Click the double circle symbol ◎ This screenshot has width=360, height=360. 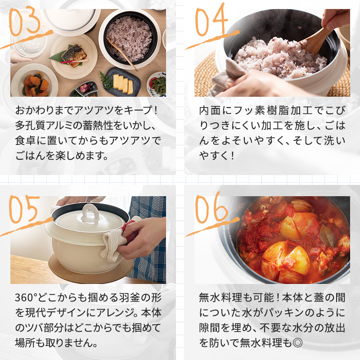(297, 343)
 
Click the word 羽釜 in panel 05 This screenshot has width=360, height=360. (118, 298)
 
